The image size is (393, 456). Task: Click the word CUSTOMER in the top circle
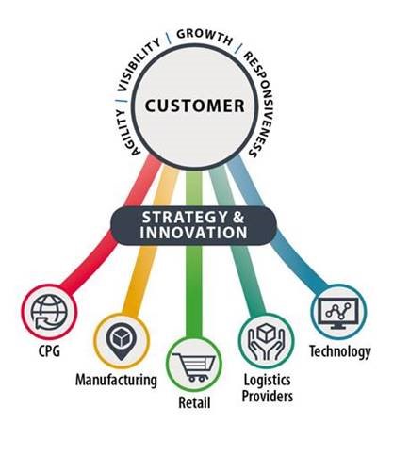pos(195,106)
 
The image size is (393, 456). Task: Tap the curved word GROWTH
pos(205,36)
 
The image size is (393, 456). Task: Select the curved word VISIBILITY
pos(139,65)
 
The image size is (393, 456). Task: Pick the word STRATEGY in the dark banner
pos(185,218)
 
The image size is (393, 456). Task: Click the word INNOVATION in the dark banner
pos(193,233)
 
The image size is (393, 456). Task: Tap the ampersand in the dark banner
pos(238,218)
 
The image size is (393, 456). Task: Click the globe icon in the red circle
pos(49,312)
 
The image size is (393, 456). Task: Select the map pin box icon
pos(122,342)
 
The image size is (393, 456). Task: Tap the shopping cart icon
pos(194,366)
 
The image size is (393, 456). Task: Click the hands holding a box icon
pos(267,342)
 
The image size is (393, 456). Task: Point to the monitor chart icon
pos(338,313)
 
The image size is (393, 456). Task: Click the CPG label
pos(49,351)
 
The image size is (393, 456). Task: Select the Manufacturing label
pos(116,380)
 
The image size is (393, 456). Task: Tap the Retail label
pos(194,402)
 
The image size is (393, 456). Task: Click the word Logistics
pos(268,381)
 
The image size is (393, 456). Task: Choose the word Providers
pos(268,396)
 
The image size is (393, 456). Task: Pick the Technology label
pos(340,351)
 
